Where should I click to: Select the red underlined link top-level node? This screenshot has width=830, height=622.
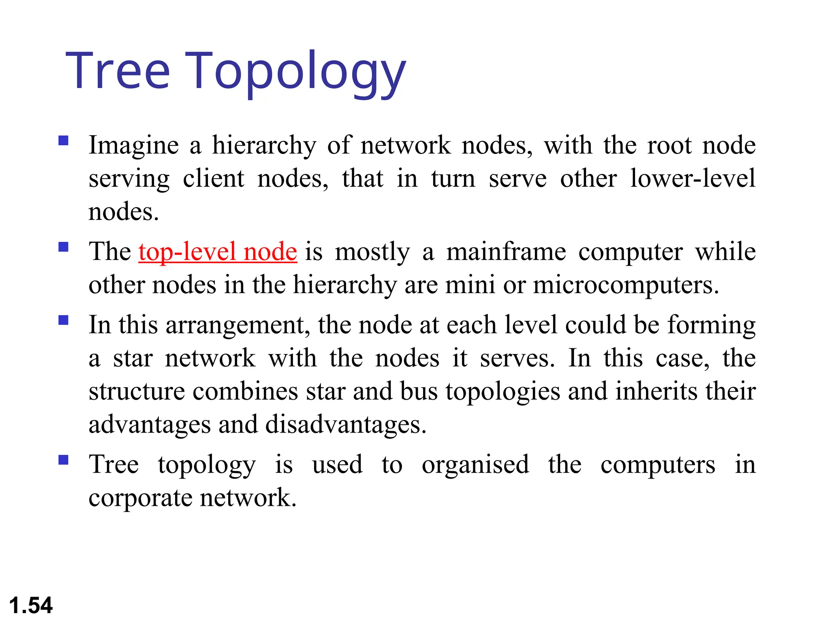click(x=218, y=252)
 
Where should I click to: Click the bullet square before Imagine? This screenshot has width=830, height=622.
click(x=63, y=141)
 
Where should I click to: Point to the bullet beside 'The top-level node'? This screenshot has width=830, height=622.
click(x=63, y=247)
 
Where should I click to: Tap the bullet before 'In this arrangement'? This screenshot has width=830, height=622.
click(x=63, y=320)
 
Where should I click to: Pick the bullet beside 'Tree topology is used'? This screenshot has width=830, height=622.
click(x=63, y=460)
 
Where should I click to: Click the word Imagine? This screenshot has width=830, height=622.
click(x=134, y=146)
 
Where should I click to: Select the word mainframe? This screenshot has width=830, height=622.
click(x=506, y=252)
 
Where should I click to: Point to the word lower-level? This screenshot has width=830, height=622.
click(x=693, y=178)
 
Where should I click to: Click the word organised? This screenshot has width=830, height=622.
click(x=475, y=465)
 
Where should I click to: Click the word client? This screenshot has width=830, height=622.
click(x=214, y=178)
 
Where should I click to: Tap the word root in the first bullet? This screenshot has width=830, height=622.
click(x=670, y=146)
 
